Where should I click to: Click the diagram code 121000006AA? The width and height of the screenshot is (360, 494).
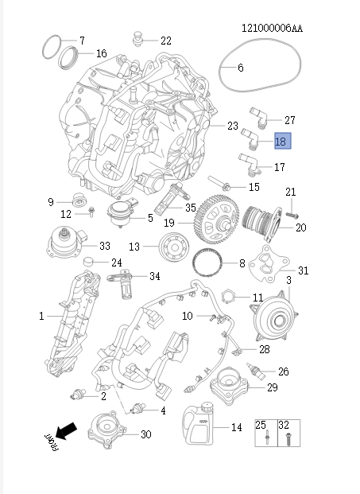272,29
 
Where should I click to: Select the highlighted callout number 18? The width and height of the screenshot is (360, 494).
281,142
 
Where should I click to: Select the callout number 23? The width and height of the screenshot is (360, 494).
232,126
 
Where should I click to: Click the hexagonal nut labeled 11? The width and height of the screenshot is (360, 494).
229,298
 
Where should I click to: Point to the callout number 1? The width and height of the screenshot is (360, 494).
41,317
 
